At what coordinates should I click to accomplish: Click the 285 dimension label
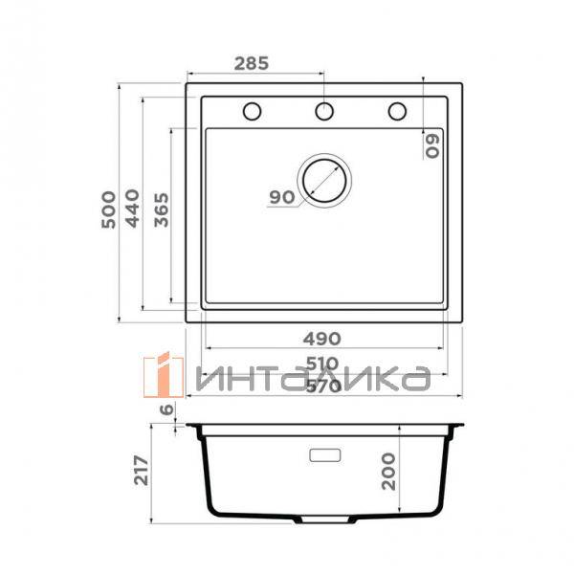click(251, 63)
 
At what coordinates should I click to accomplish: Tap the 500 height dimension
click(109, 210)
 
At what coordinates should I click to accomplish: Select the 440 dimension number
click(132, 209)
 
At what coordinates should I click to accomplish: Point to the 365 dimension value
click(162, 210)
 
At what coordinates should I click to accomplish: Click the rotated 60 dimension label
click(432, 146)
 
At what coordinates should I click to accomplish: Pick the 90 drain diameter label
click(282, 197)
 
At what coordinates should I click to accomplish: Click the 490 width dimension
click(322, 339)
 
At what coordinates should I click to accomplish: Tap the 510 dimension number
click(322, 364)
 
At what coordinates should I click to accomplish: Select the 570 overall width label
click(323, 386)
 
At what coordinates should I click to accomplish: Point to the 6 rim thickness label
click(166, 409)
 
